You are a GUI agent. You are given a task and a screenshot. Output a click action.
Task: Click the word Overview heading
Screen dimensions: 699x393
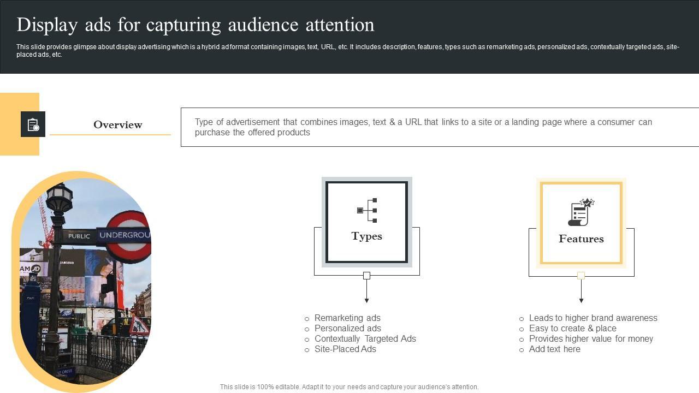[117, 124]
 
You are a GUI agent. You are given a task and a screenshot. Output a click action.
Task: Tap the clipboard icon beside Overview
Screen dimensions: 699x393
[33, 124]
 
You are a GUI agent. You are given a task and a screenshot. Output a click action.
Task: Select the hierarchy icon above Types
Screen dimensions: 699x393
[367, 210]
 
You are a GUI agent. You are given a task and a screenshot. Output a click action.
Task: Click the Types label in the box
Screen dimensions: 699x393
[366, 236]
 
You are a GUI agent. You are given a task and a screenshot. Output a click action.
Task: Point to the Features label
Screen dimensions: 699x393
[581, 239]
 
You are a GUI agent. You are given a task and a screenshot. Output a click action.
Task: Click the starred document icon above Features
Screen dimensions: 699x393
[581, 212]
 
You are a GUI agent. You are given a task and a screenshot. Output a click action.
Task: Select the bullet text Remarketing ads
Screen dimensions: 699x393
[347, 318]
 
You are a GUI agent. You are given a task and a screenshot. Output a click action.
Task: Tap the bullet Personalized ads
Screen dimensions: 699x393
[348, 328]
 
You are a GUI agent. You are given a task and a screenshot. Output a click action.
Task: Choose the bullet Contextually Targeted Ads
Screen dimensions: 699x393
[365, 338]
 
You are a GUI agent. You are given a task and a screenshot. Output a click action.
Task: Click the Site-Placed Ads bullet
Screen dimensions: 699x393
[345, 349]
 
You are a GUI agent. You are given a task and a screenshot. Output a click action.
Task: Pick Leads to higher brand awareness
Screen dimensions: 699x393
[593, 318]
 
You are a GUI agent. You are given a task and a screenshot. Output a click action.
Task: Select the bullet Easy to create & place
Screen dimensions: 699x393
[573, 328]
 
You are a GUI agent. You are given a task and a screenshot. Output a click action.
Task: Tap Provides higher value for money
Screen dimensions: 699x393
[591, 338]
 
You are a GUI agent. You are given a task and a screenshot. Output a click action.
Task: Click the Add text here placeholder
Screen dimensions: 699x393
[554, 349]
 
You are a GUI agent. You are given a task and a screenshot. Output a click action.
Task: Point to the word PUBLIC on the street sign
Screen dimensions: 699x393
[79, 236]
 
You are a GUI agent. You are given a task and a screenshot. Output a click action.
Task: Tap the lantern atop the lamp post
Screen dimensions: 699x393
[60, 197]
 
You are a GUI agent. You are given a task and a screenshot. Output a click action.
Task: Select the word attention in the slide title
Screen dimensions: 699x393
[340, 25]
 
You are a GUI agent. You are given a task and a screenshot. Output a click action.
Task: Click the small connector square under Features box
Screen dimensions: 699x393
[580, 276]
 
